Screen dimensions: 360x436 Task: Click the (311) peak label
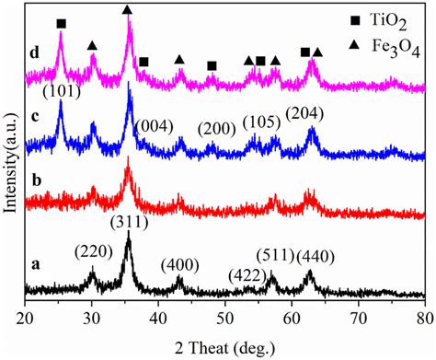point(127,221)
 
